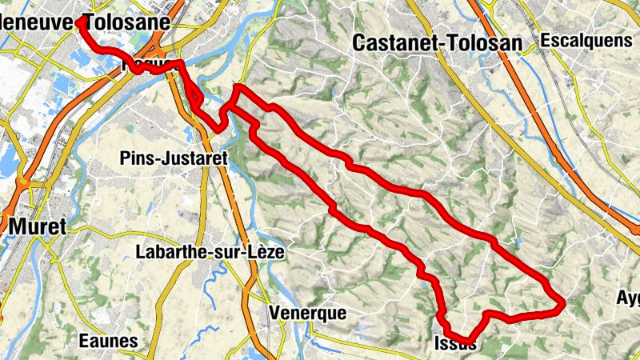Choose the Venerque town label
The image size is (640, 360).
[x=308, y=313]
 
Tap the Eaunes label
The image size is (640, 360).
[x=108, y=341]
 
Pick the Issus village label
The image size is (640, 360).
[x=454, y=345]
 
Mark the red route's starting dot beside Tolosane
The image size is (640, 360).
[x=81, y=22]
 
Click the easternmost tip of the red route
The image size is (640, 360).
[x=563, y=302]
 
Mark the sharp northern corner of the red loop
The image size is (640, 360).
[x=238, y=86]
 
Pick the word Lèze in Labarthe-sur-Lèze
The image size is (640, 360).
[x=263, y=251]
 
